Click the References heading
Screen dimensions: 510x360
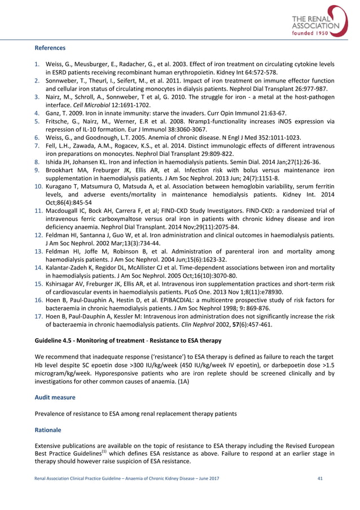50,48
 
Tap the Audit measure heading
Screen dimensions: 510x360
55,398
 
